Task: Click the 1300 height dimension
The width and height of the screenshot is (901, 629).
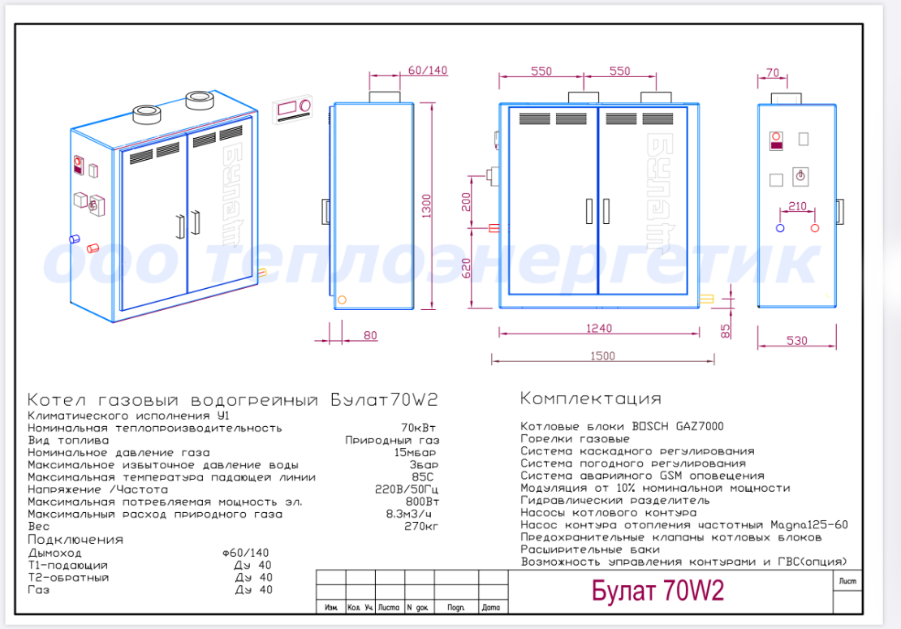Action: pyautogui.click(x=426, y=205)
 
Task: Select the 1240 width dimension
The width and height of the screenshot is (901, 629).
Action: pyautogui.click(x=599, y=328)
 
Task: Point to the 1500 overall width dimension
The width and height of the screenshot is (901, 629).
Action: pyautogui.click(x=602, y=355)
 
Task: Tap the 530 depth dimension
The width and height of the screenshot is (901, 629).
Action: pyautogui.click(x=797, y=341)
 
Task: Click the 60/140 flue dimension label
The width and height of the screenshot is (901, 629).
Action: pyautogui.click(x=428, y=70)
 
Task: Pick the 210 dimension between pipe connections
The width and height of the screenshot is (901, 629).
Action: pyautogui.click(x=798, y=205)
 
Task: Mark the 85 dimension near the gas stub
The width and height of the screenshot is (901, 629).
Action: pyautogui.click(x=725, y=331)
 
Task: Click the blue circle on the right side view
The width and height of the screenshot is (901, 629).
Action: pyautogui.click(x=780, y=228)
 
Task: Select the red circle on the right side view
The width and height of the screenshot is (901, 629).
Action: pyautogui.click(x=815, y=228)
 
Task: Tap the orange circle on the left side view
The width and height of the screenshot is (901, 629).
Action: pyautogui.click(x=342, y=299)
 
